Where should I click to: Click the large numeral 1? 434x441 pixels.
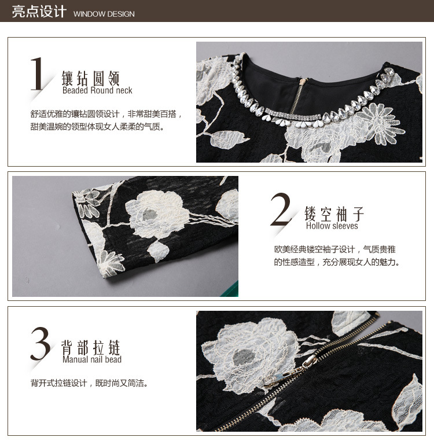click(37, 73)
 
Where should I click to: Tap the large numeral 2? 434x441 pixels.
click(280, 210)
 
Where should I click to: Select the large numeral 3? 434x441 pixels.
click(41, 344)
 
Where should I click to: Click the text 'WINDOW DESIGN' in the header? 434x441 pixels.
click(104, 14)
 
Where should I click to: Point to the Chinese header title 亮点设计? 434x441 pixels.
click(39, 12)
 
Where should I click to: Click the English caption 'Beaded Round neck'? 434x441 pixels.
click(97, 90)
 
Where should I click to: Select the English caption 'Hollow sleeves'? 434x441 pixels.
click(332, 226)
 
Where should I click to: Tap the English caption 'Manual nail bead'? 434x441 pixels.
click(92, 359)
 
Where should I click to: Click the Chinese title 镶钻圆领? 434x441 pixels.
click(91, 78)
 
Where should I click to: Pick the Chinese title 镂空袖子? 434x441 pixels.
click(334, 214)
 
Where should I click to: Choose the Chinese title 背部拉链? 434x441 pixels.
click(91, 347)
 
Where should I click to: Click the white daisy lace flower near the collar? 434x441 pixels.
click(380, 122)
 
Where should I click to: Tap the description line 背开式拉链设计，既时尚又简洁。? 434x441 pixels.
click(90, 383)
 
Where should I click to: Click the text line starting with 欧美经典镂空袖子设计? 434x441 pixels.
click(335, 249)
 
